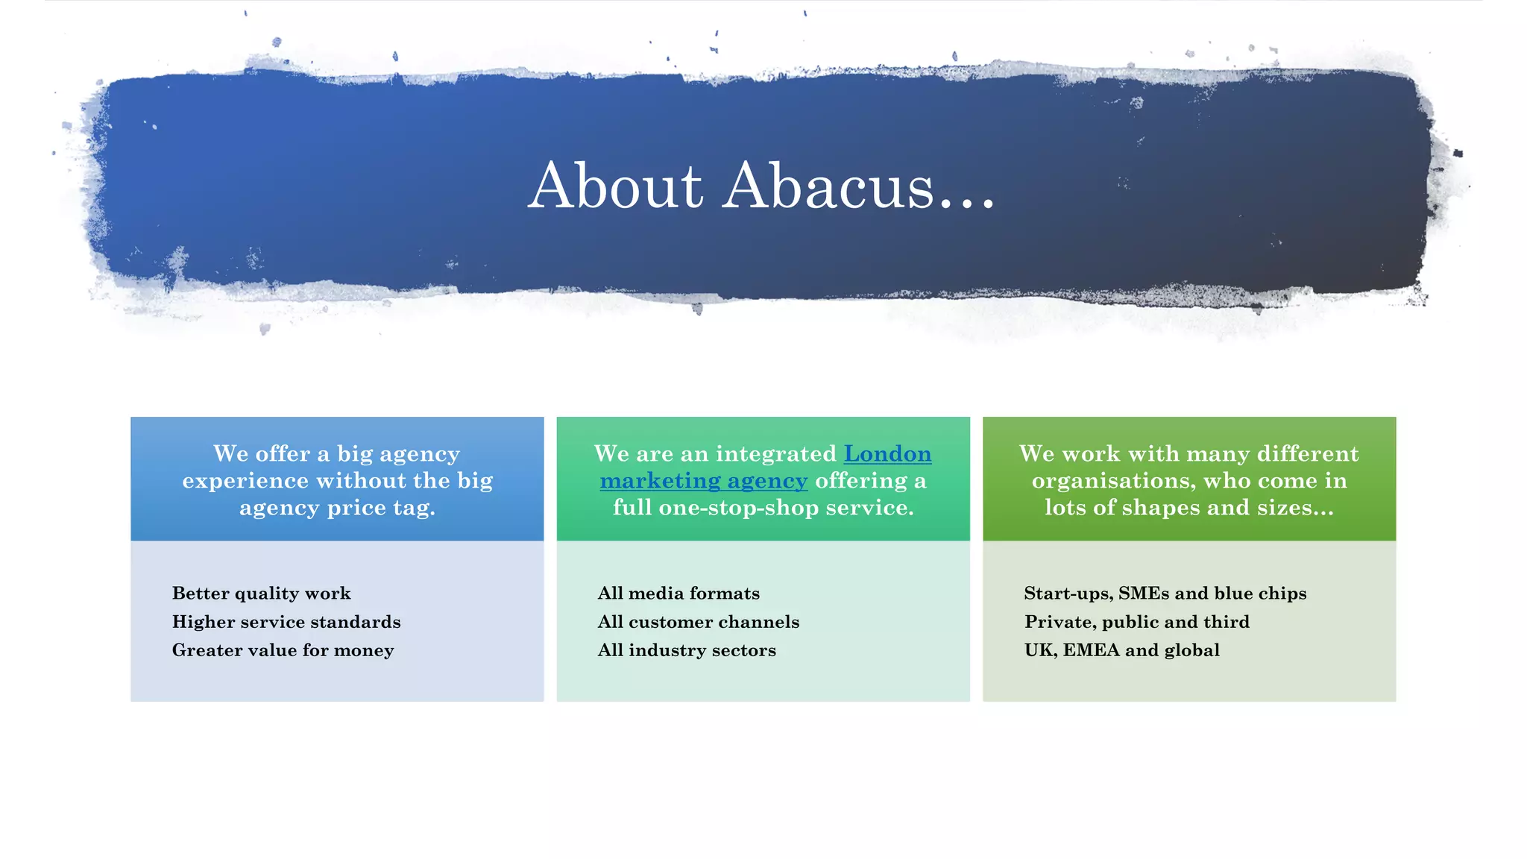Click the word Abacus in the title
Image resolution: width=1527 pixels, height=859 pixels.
[828, 186]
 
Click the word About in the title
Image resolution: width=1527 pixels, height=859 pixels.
[615, 186]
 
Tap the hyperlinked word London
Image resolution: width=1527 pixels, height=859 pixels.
[887, 454]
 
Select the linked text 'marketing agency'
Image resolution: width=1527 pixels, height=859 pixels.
[703, 481]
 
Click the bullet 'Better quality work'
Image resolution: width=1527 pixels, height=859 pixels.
[261, 594]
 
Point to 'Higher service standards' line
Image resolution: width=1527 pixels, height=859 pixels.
[286, 622]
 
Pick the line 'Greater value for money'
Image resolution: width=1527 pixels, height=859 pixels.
[283, 650]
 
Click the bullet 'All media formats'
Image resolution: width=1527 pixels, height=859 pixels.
[679, 594]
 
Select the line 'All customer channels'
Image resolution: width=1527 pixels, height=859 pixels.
[698, 622]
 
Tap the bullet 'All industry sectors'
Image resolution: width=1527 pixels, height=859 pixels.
[687, 650]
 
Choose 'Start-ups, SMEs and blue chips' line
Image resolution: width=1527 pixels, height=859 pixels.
[1165, 594]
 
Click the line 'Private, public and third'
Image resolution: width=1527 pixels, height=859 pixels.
[1136, 622]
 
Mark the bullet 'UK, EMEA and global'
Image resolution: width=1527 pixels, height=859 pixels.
[1121, 650]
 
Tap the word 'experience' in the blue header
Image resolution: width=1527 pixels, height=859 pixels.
[245, 481]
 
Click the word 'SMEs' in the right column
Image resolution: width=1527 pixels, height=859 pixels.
[1144, 594]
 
